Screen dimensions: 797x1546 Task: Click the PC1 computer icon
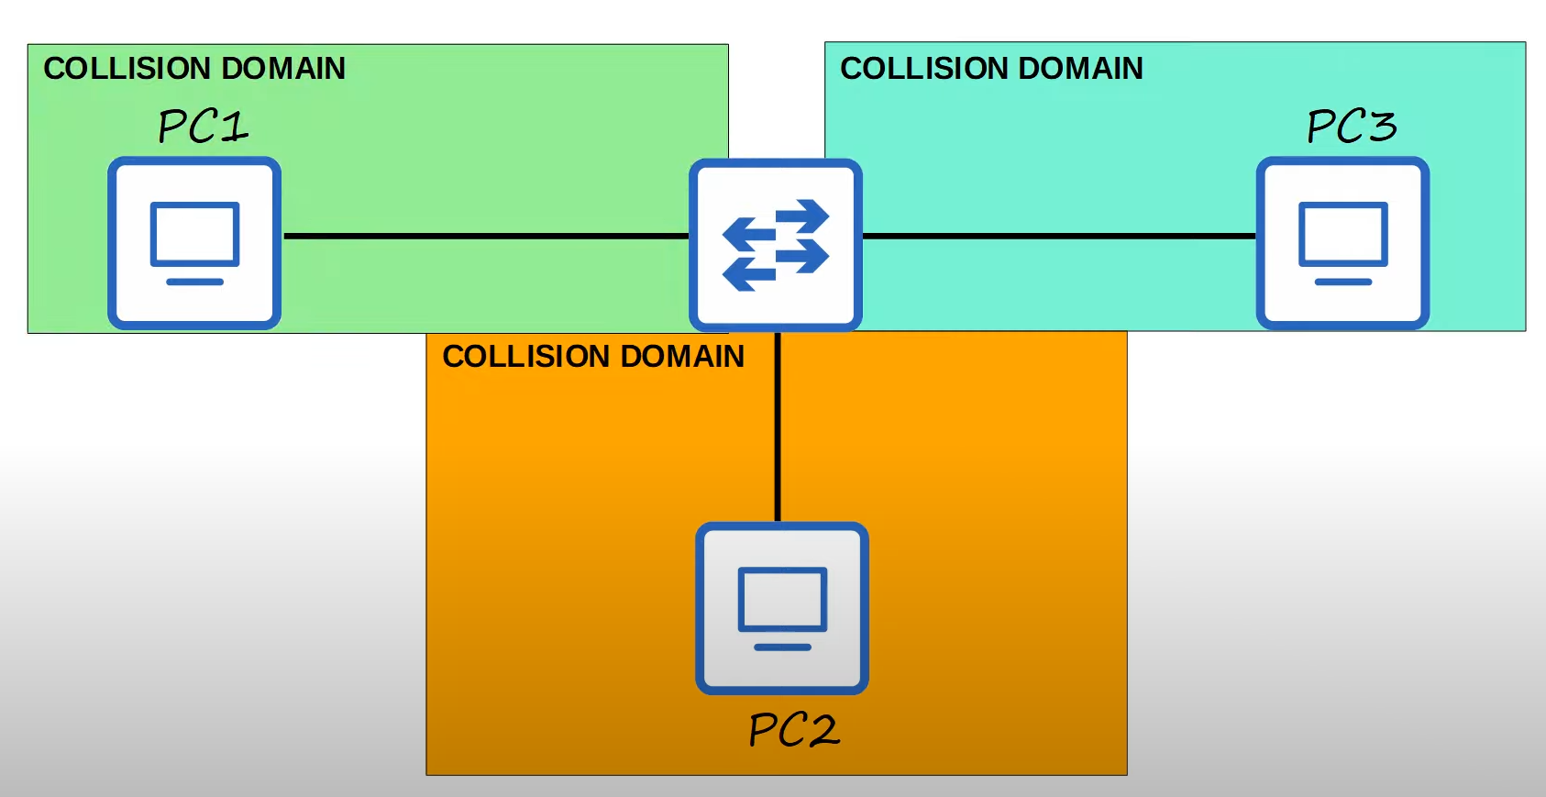194,243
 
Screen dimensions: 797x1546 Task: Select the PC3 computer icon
1342,243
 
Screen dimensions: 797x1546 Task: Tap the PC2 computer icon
782,608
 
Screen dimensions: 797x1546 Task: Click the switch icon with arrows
776,245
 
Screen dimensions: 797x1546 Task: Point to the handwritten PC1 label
203,127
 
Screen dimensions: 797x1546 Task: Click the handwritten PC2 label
794,730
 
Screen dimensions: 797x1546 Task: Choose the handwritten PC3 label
1352,127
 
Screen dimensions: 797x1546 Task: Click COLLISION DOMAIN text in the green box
194,69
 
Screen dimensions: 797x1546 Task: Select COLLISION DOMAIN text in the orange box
593,357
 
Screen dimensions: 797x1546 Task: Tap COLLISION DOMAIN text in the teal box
991,69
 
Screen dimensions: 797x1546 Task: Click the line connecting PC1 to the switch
486,236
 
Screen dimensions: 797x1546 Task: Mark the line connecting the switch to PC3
1059,236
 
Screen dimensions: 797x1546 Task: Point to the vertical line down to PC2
778,426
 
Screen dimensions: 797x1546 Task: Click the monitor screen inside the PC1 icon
195,234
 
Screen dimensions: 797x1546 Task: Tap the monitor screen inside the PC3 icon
1343,234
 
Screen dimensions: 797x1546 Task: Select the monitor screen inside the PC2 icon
783,599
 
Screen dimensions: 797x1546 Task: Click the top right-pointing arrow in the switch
802,215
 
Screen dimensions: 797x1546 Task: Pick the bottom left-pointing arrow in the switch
749,273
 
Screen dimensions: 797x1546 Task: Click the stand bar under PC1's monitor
195,282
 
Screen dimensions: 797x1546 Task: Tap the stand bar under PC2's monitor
783,648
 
